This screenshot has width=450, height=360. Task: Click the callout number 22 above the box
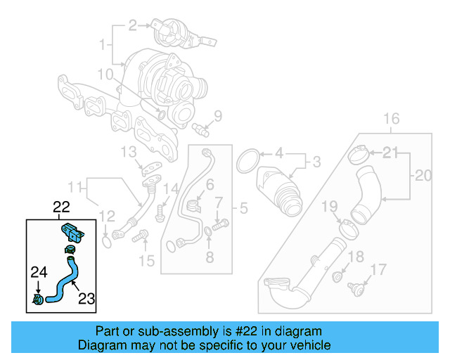[62, 207]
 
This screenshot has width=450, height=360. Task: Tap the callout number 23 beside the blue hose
[86, 298]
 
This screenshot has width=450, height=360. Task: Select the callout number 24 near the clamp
[38, 271]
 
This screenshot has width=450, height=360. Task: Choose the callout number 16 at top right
[392, 117]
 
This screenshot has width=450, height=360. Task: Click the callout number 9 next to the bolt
[217, 116]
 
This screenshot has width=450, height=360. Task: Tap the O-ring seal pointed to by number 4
[247, 160]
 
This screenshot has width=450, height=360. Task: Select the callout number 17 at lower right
[378, 269]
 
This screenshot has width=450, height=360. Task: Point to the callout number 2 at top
[132, 26]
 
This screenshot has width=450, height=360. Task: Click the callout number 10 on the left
[105, 74]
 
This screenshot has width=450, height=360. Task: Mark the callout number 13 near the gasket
[127, 152]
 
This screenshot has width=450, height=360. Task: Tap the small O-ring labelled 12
[105, 241]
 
